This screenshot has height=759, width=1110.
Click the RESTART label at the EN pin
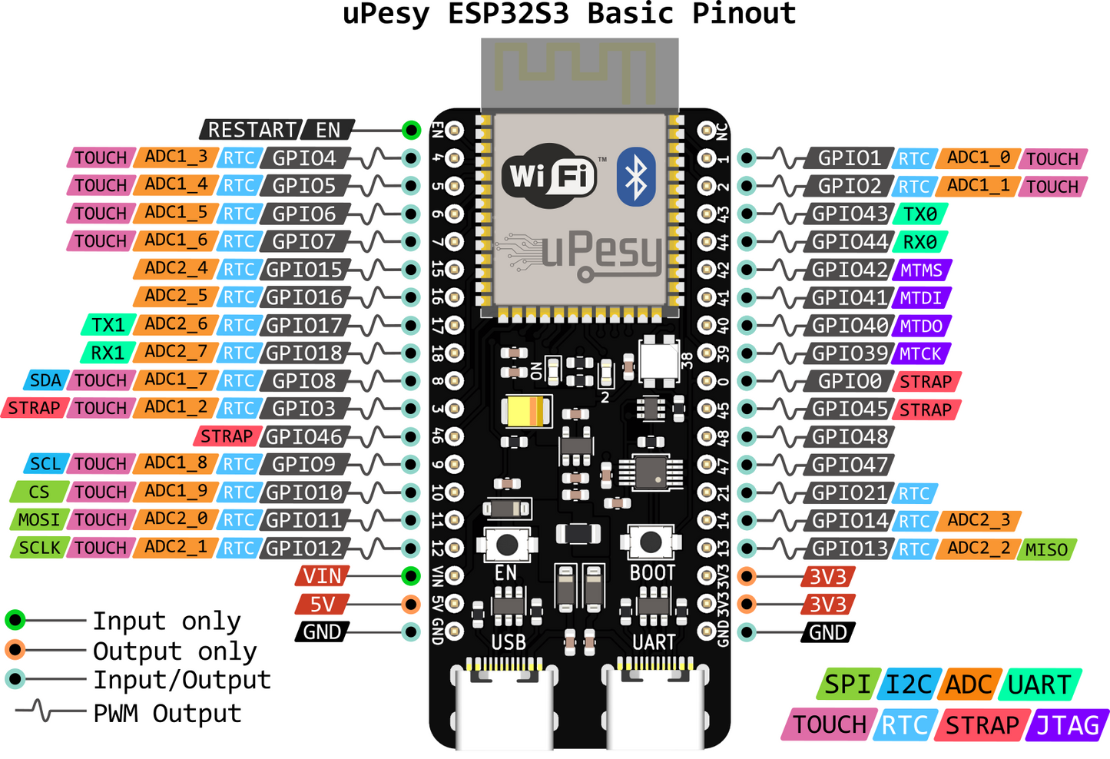pyautogui.click(x=251, y=130)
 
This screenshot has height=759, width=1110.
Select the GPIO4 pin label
pyautogui.click(x=304, y=158)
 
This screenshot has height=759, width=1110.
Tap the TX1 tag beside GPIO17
pyautogui.click(x=108, y=325)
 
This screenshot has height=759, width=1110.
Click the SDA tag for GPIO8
pyautogui.click(x=45, y=380)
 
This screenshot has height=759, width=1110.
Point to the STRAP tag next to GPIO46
pyautogui.click(x=227, y=436)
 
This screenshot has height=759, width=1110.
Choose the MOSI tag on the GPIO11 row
pyautogui.click(x=39, y=520)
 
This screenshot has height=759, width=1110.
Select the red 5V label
pyautogui.click(x=323, y=604)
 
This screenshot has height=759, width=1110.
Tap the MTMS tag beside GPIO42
pyautogui.click(x=921, y=270)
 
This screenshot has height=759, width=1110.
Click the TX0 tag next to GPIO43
pyautogui.click(x=919, y=214)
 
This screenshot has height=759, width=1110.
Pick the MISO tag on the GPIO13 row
pyautogui.click(x=1046, y=549)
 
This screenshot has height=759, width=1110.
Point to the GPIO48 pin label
pyautogui.click(x=850, y=436)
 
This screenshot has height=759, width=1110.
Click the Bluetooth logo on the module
pyautogui.click(x=636, y=177)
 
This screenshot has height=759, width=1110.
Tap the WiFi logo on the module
pyautogui.click(x=550, y=176)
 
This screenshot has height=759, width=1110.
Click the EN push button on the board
pyautogui.click(x=506, y=544)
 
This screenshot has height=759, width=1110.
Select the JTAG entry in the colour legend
pyautogui.click(x=1068, y=725)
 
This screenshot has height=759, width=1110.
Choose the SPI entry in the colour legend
pyautogui.click(x=847, y=684)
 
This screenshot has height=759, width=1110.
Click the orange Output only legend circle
pyautogui.click(x=15, y=650)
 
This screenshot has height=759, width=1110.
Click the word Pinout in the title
pyautogui.click(x=744, y=13)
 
